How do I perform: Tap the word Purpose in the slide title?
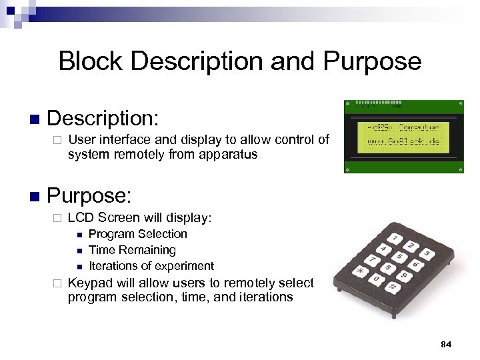(372, 61)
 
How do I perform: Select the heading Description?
(103, 119)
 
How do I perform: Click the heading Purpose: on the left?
(89, 196)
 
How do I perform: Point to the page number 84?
(446, 344)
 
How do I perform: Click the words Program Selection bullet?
(137, 234)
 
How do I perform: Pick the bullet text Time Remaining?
(132, 250)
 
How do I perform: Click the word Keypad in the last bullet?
(88, 282)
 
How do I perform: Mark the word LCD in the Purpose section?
(80, 217)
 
